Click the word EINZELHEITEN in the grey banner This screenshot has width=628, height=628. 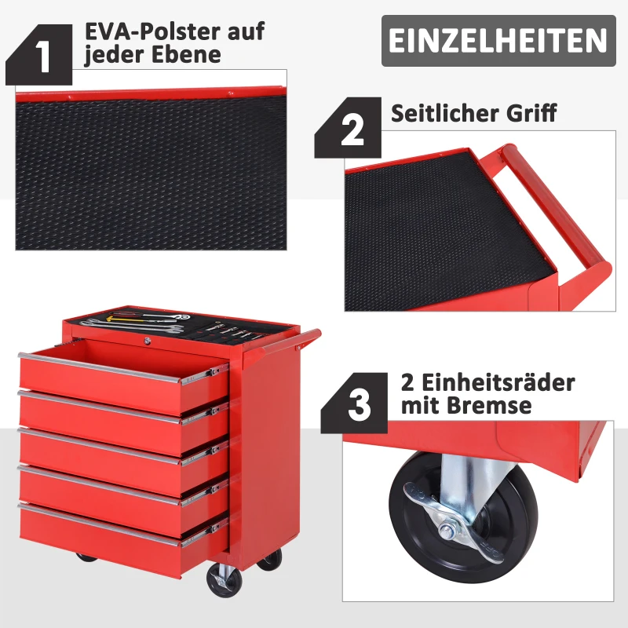click(498, 41)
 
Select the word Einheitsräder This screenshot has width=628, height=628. click(498, 382)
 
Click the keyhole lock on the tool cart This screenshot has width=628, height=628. click(148, 341)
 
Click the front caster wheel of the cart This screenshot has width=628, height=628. click(224, 580)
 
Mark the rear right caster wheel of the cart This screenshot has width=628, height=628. click(270, 559)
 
